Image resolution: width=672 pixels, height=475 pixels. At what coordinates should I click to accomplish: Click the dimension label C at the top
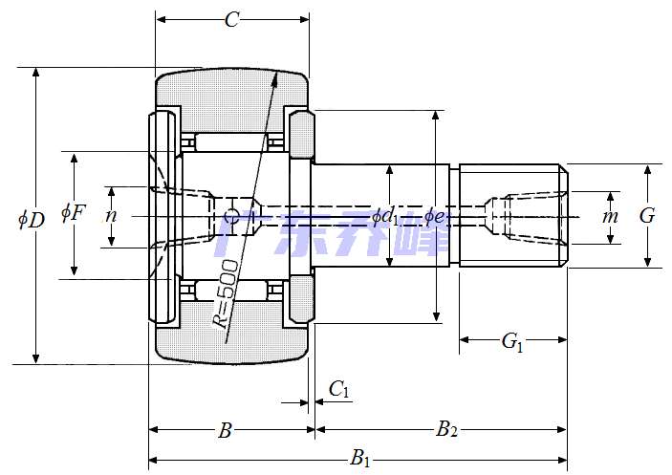coord(231,19)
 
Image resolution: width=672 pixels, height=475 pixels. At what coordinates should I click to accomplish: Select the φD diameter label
coord(31,219)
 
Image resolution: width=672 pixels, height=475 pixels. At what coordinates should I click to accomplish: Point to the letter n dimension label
coord(111,216)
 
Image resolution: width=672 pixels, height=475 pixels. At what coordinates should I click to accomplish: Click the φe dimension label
coord(434,217)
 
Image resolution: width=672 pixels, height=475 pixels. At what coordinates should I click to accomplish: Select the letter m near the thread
coord(610,217)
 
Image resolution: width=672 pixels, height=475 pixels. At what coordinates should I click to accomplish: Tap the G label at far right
coord(647,216)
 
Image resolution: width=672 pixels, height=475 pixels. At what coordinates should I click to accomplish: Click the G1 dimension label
coord(513,341)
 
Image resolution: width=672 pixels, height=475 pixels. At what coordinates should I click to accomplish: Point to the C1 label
coord(339,389)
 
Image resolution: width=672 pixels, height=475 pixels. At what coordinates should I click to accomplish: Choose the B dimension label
coord(225,431)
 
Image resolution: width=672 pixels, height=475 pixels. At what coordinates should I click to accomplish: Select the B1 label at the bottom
coord(360,459)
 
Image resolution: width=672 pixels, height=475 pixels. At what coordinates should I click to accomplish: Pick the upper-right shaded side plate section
coord(300,135)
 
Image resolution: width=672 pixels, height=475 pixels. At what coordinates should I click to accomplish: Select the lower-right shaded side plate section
coord(300,297)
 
